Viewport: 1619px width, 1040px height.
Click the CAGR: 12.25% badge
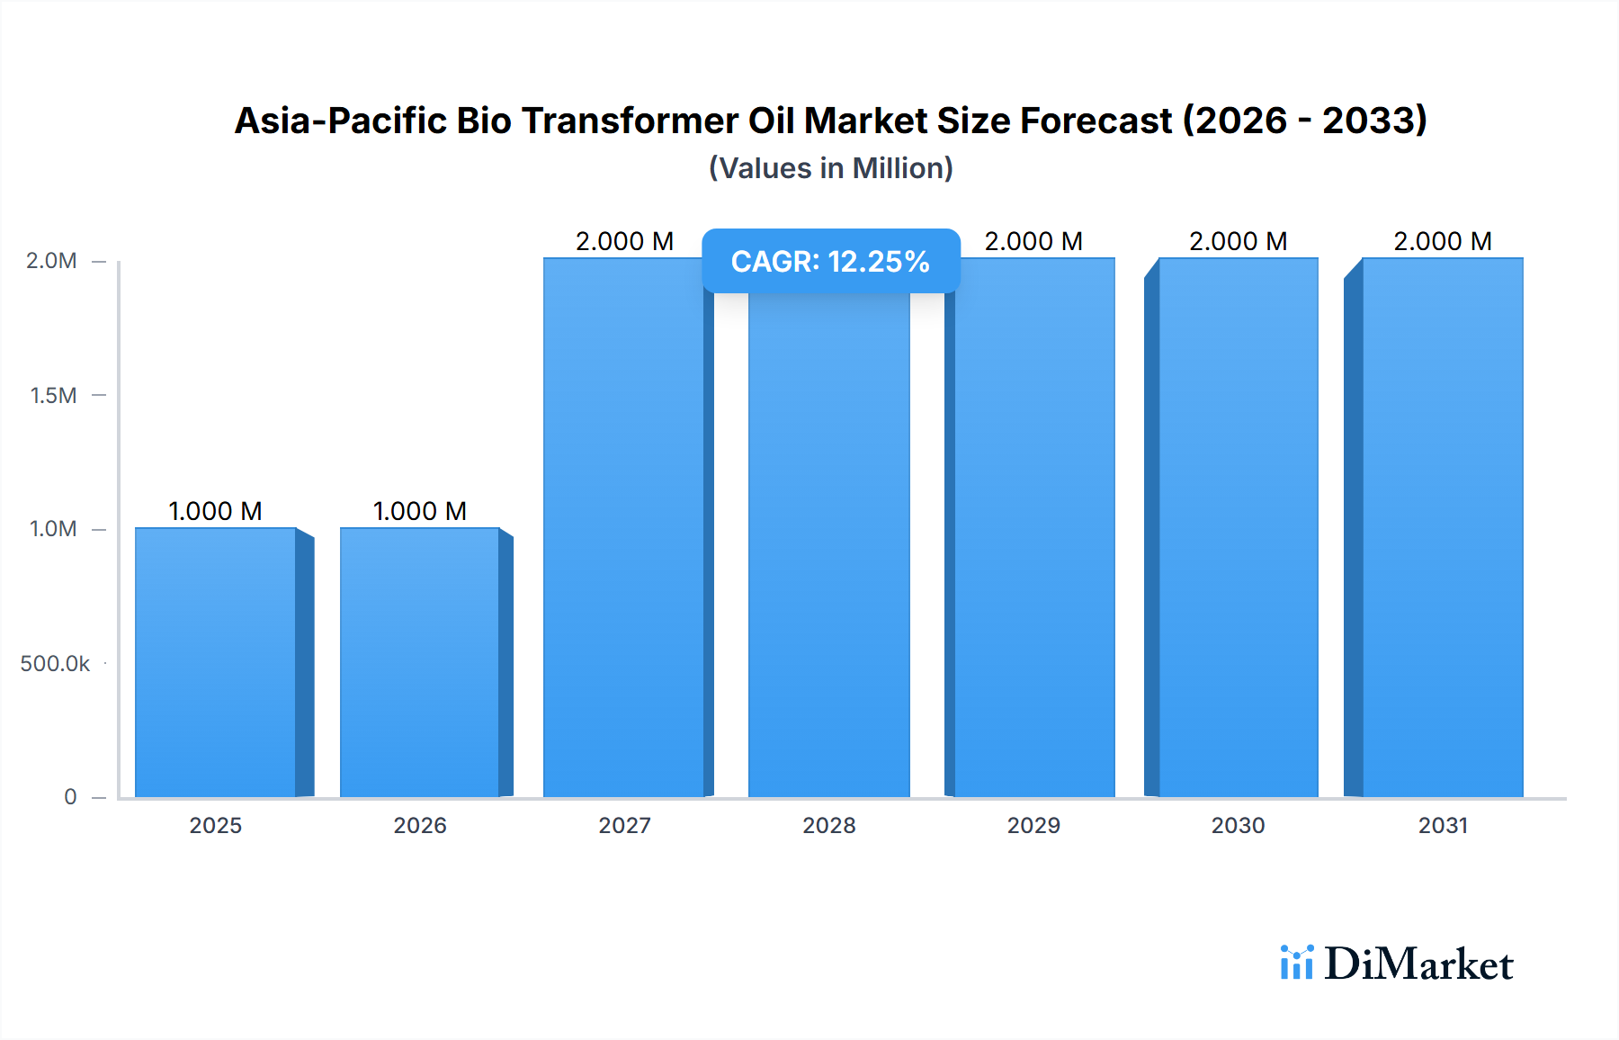tap(830, 262)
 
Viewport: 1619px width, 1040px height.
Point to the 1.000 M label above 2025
tap(216, 511)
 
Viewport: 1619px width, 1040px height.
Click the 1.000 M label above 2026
tap(420, 511)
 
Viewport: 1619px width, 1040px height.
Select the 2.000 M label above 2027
tap(624, 241)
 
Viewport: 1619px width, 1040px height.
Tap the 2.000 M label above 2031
tap(1443, 241)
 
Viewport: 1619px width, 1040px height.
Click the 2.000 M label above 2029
tap(1033, 241)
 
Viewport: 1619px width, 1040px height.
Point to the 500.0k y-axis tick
tap(55, 664)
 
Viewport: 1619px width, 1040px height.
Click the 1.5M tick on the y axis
tap(53, 396)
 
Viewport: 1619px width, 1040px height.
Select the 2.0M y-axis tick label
tap(51, 261)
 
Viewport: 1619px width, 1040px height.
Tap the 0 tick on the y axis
tap(70, 797)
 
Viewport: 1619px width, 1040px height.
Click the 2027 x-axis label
tap(624, 826)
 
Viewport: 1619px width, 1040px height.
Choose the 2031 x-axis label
tap(1443, 826)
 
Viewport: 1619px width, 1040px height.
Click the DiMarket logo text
tap(1418, 964)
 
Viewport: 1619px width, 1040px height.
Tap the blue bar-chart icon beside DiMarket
tap(1296, 963)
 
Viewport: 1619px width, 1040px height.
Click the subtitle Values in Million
tap(830, 168)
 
